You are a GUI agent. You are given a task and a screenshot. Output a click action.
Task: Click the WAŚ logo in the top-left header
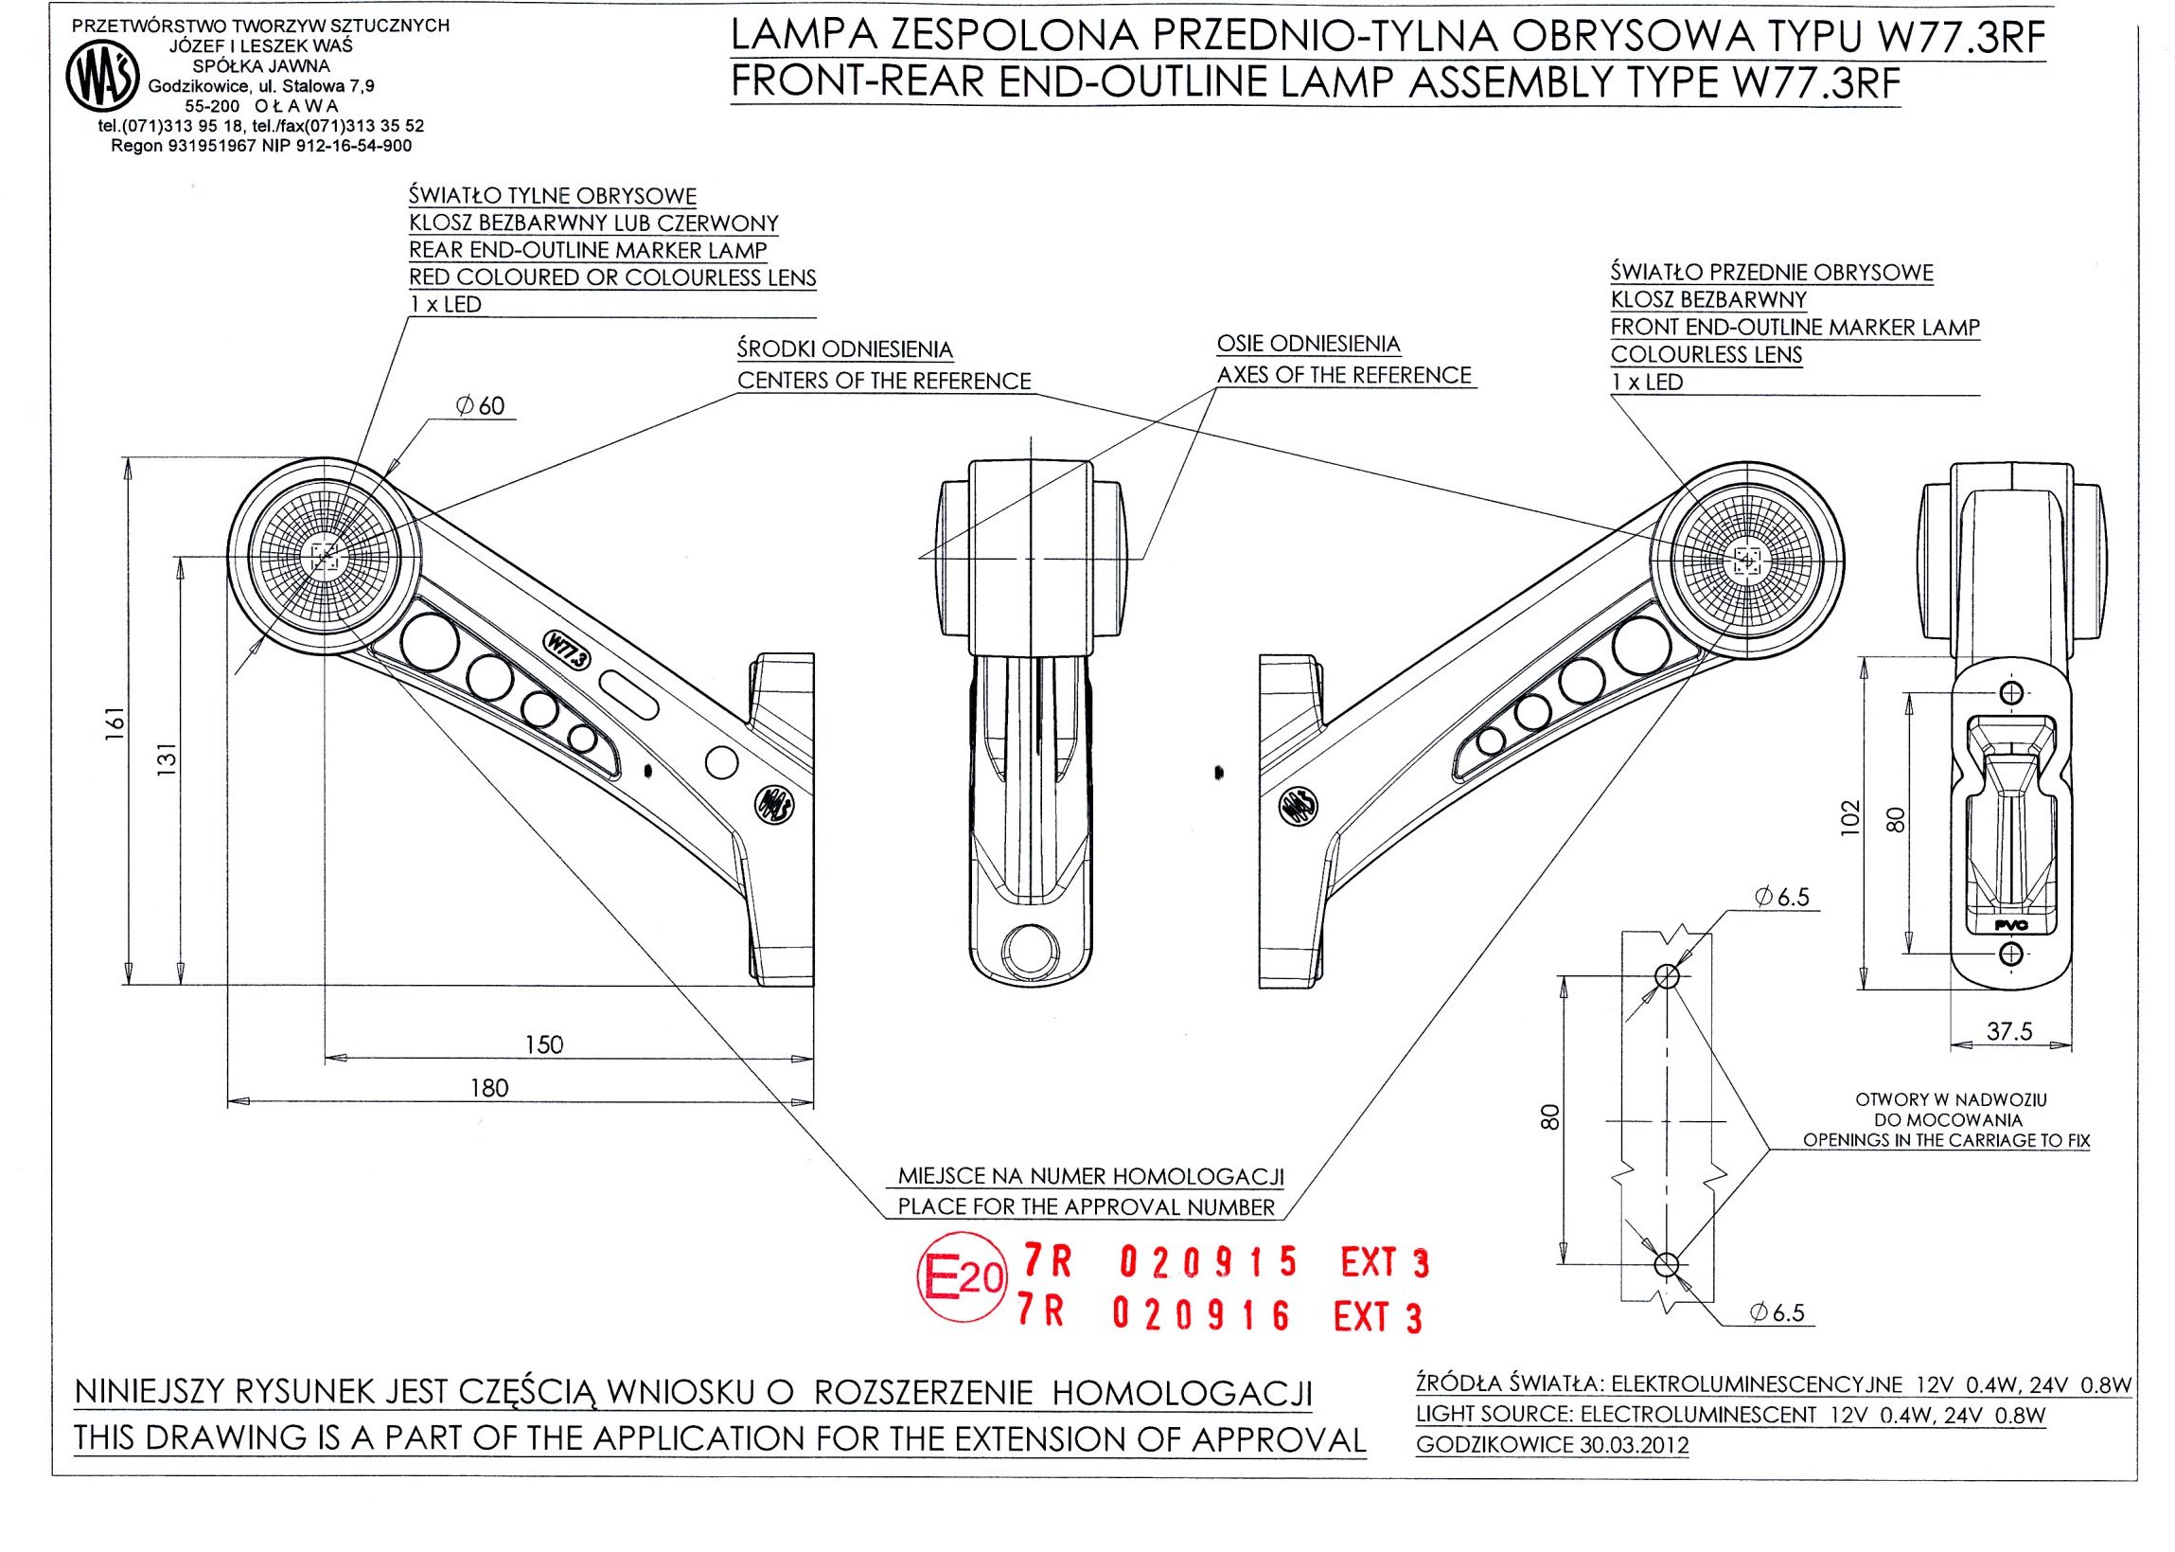click(x=102, y=79)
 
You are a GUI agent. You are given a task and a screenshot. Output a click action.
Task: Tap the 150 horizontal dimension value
click(x=543, y=1044)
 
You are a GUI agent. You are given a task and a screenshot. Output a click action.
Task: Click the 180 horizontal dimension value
click(x=489, y=1088)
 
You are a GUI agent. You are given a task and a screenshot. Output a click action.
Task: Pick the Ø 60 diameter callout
click(x=481, y=406)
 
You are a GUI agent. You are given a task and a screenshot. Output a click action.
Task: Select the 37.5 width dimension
click(x=2008, y=1031)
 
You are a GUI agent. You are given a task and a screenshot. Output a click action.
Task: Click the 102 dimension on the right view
click(x=1850, y=818)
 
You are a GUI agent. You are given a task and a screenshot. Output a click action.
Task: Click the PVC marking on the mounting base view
click(x=2010, y=924)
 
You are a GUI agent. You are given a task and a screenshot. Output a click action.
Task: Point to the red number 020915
click(x=1208, y=1261)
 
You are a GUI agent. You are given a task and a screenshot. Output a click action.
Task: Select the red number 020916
click(x=1202, y=1316)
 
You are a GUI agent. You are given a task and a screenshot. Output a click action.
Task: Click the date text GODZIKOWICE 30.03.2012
click(x=1551, y=1445)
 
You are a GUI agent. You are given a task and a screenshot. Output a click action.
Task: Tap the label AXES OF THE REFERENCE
click(x=1343, y=376)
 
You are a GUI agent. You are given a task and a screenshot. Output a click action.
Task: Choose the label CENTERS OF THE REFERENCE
click(x=884, y=382)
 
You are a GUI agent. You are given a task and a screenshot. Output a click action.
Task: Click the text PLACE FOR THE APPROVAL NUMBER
click(x=1086, y=1207)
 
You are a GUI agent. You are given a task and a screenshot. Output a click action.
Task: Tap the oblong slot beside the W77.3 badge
click(x=629, y=695)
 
